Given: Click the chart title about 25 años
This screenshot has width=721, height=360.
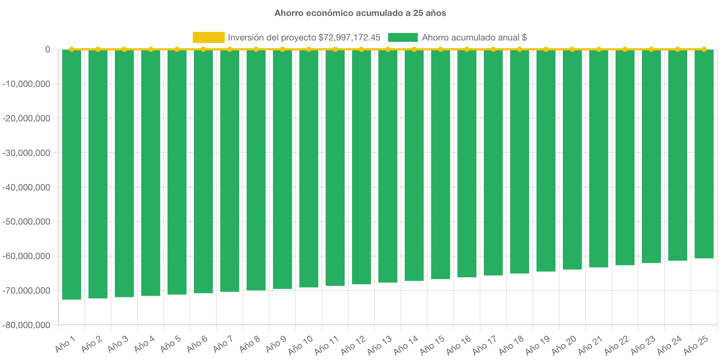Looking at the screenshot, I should pyautogui.click(x=360, y=13).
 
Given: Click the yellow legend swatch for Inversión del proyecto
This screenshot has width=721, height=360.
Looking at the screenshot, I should pyautogui.click(x=208, y=37).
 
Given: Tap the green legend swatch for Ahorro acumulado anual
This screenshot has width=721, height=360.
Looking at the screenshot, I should pyautogui.click(x=403, y=37).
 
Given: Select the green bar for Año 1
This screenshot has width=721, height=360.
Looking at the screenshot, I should pyautogui.click(x=72, y=174).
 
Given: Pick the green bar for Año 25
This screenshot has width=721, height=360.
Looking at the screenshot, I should pyautogui.click(x=704, y=154).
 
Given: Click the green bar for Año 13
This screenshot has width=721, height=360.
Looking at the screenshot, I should pyautogui.click(x=388, y=166).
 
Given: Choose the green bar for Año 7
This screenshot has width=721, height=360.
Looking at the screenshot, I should pyautogui.click(x=230, y=171).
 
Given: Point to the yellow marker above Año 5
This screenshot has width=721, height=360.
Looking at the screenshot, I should pyautogui.click(x=177, y=49).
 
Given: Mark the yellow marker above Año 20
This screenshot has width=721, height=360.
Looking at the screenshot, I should pyautogui.click(x=572, y=49).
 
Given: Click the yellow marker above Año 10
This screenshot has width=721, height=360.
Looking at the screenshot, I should pyautogui.click(x=309, y=49).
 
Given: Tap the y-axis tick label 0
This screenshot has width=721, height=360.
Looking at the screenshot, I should pyautogui.click(x=48, y=49).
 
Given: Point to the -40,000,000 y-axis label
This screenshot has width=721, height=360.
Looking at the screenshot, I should pyautogui.click(x=26, y=187).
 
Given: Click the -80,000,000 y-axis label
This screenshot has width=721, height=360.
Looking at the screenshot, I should pyautogui.click(x=26, y=325).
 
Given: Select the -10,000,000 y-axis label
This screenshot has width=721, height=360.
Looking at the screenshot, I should pyautogui.click(x=26, y=84).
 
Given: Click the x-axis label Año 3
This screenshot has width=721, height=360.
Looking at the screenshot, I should pyautogui.click(x=118, y=344).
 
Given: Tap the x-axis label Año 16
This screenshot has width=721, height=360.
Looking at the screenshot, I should pyautogui.click(x=458, y=345).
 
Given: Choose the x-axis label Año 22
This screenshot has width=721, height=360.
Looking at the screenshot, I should pyautogui.click(x=616, y=345).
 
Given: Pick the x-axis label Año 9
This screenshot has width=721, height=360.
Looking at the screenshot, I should pyautogui.click(x=276, y=344).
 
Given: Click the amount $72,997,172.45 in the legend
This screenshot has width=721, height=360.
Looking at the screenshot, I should pyautogui.click(x=349, y=37).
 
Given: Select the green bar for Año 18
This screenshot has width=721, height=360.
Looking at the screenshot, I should pyautogui.click(x=520, y=161).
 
